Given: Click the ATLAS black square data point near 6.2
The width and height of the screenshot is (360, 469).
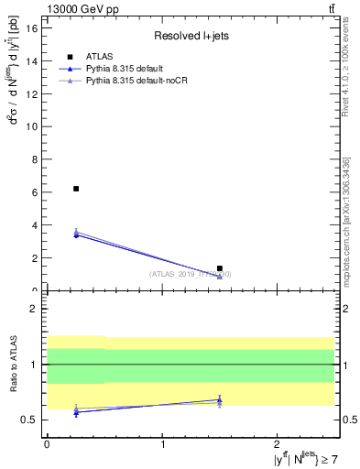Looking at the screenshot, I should pyautogui.click(x=76, y=189).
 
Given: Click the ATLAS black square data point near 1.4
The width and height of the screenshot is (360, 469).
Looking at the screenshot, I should pyautogui.click(x=220, y=268).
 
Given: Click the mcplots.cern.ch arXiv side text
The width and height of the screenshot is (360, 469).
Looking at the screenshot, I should pyautogui.click(x=346, y=234).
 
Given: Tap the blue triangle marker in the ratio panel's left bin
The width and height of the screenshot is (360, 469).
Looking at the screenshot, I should pyautogui.click(x=76, y=412).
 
